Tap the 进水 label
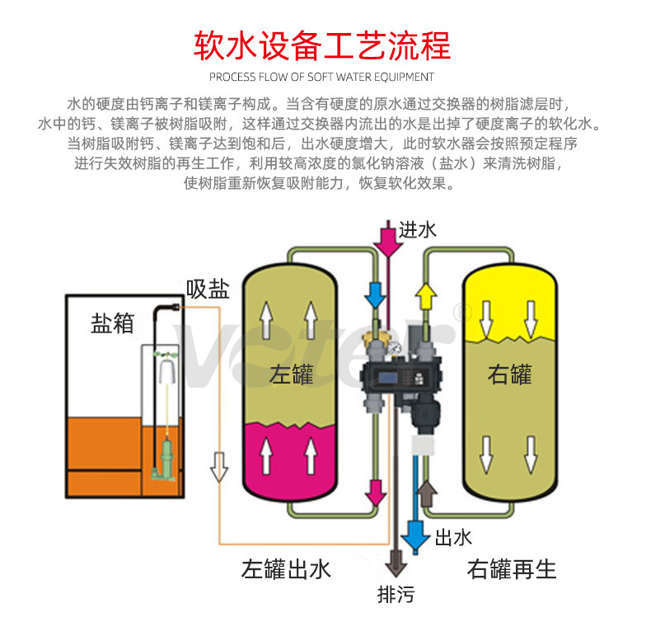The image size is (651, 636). [418, 230]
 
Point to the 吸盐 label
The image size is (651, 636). [208, 289]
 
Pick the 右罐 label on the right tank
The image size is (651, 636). [510, 374]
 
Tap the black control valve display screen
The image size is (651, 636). [393, 377]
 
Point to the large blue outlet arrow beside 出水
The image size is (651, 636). [416, 537]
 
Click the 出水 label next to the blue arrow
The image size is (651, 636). [453, 537]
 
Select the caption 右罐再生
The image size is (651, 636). [512, 568]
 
